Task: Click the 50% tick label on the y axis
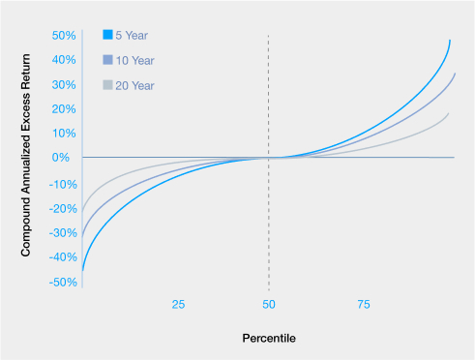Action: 64,35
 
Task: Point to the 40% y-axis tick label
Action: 64,60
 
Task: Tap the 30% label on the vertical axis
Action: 64,85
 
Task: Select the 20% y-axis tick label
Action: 64,109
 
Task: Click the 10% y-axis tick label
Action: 64,134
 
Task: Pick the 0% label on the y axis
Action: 61,158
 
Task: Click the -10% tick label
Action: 63,185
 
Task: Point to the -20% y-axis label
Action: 63,209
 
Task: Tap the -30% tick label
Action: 63,233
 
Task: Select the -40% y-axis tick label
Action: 63,257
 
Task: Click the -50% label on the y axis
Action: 63,283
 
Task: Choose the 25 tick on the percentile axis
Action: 178,305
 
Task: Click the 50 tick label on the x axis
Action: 269,305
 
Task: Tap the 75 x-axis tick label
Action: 364,305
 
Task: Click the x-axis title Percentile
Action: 269,339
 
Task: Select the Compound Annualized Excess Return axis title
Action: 25,155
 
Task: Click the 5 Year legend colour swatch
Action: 107,35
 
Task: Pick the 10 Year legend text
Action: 134,61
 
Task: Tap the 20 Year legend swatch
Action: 107,85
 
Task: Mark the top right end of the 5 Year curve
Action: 450,41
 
